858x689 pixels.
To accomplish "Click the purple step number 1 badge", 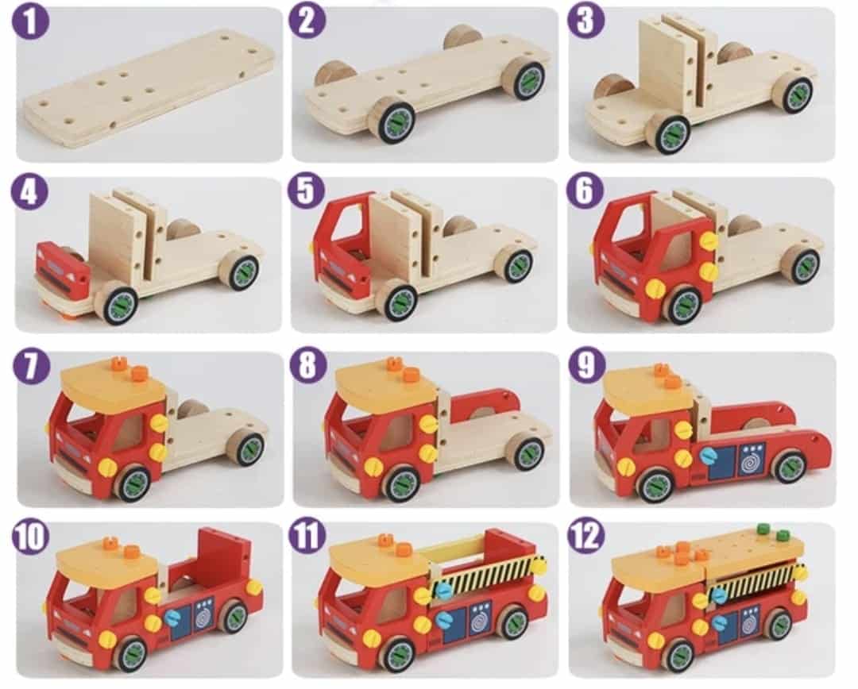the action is pyautogui.click(x=31, y=22).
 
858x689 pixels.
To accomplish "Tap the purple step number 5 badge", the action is pyautogui.click(x=307, y=191).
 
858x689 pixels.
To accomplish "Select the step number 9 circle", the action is pyautogui.click(x=586, y=364).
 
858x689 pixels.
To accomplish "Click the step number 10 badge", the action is pyautogui.click(x=31, y=536).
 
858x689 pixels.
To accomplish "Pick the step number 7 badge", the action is pyautogui.click(x=31, y=365).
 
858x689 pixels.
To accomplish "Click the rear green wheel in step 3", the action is pyautogui.click(x=797, y=94).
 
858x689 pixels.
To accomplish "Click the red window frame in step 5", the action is pyautogui.click(x=345, y=229).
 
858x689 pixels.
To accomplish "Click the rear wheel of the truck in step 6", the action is pyautogui.click(x=803, y=264).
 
